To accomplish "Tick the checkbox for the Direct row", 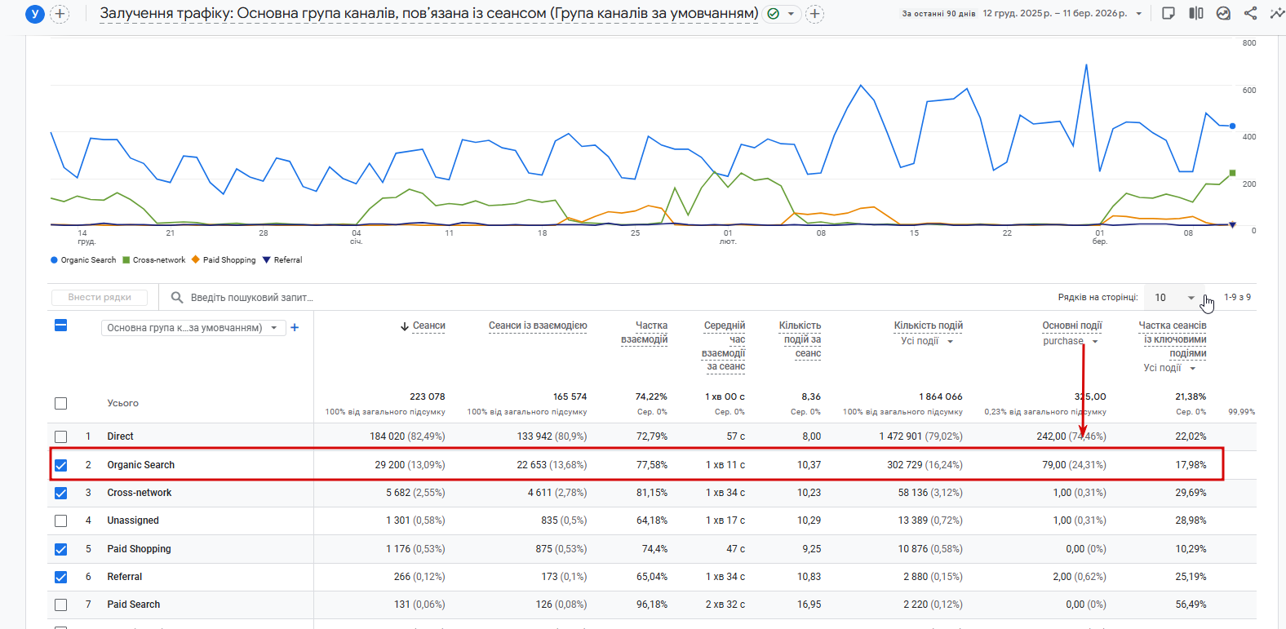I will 60,436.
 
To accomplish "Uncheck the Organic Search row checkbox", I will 60,465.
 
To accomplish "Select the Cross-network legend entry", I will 158,260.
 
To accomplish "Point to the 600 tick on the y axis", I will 1248,91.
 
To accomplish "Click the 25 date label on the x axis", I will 635,233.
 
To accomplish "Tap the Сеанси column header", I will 428,326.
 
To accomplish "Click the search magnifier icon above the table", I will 176,298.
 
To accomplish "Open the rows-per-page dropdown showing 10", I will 1173,298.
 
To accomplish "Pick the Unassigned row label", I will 133,520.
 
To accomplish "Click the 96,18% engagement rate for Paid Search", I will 651,605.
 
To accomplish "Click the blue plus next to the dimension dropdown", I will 295,328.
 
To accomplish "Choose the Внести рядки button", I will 100,298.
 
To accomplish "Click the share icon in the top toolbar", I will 1250,13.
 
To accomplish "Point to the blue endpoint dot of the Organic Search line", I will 1232,126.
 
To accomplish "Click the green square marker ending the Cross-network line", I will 1232,173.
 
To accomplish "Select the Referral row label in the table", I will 125,577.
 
